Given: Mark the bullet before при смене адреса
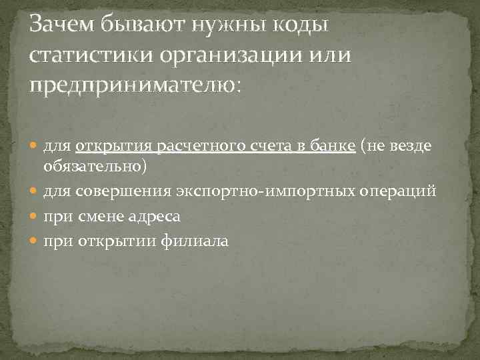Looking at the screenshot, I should pos(35,217).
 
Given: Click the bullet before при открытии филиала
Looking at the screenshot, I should pos(35,241).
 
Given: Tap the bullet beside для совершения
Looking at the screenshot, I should pos(35,192).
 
